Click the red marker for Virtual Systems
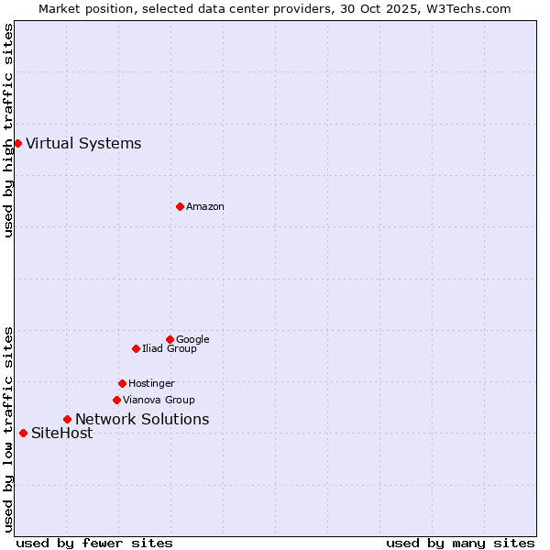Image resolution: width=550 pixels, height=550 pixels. (17, 143)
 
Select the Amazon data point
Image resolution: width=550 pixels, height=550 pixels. (180, 206)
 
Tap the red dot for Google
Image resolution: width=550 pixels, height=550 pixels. (170, 339)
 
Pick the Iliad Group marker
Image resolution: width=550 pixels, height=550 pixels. (136, 348)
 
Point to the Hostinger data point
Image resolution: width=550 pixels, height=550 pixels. (122, 383)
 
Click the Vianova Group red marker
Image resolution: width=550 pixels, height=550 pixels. (116, 400)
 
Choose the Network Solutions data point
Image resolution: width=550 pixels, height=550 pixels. (67, 419)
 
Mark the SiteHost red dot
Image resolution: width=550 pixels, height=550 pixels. (23, 433)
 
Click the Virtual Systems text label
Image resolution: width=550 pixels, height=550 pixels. (83, 143)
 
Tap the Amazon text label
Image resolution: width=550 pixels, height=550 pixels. (205, 206)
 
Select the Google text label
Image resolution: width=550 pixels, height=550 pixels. (192, 339)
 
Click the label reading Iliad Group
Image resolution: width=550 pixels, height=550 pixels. (170, 348)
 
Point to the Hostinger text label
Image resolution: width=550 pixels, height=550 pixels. (151, 383)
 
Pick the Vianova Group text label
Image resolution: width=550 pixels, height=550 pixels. (159, 400)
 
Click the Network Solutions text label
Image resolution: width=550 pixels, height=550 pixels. (142, 419)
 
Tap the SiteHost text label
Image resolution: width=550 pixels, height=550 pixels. (61, 433)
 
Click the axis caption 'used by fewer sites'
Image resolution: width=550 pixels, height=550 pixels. (94, 543)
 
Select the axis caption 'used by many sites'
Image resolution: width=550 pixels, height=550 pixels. (460, 543)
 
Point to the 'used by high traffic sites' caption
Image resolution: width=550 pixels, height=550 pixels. (8, 130)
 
